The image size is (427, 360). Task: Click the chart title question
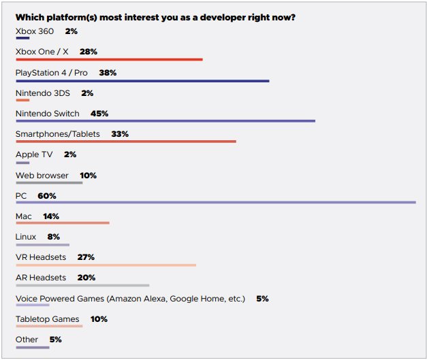[155, 17]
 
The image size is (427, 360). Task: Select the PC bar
[215, 202]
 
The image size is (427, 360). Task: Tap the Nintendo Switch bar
[165, 120]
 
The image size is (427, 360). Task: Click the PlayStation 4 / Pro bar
[142, 80]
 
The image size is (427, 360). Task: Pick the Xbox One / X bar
[109, 59]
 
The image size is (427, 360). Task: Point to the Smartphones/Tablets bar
[125, 141]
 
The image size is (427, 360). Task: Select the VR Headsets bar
[106, 264]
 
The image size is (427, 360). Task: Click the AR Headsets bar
[82, 284]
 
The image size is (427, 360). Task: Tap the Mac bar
[62, 223]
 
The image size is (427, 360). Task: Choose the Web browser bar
[48, 182]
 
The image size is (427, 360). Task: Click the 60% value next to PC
[47, 196]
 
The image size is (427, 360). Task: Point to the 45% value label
[99, 114]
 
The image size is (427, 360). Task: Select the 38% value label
[108, 72]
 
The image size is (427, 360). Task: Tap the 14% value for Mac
[51, 216]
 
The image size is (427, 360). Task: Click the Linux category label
[26, 237]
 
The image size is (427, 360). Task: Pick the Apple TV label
[34, 154]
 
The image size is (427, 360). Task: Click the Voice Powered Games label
[130, 299]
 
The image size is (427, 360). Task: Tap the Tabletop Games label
[47, 319]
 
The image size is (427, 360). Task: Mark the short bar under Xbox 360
[22, 38]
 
